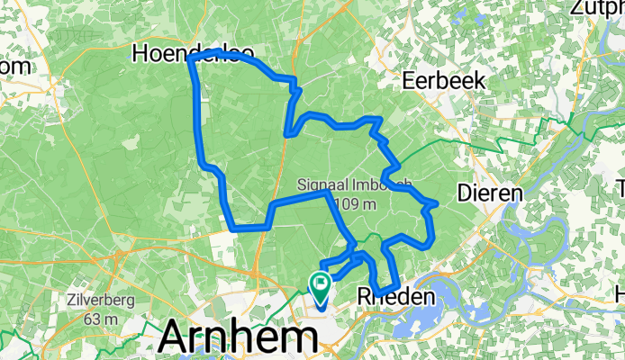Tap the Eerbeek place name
point(444,80)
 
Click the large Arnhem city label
point(239,339)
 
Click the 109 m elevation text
point(354,204)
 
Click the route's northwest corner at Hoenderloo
point(191,58)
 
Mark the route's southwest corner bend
point(234,227)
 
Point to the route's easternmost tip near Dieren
point(436,204)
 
